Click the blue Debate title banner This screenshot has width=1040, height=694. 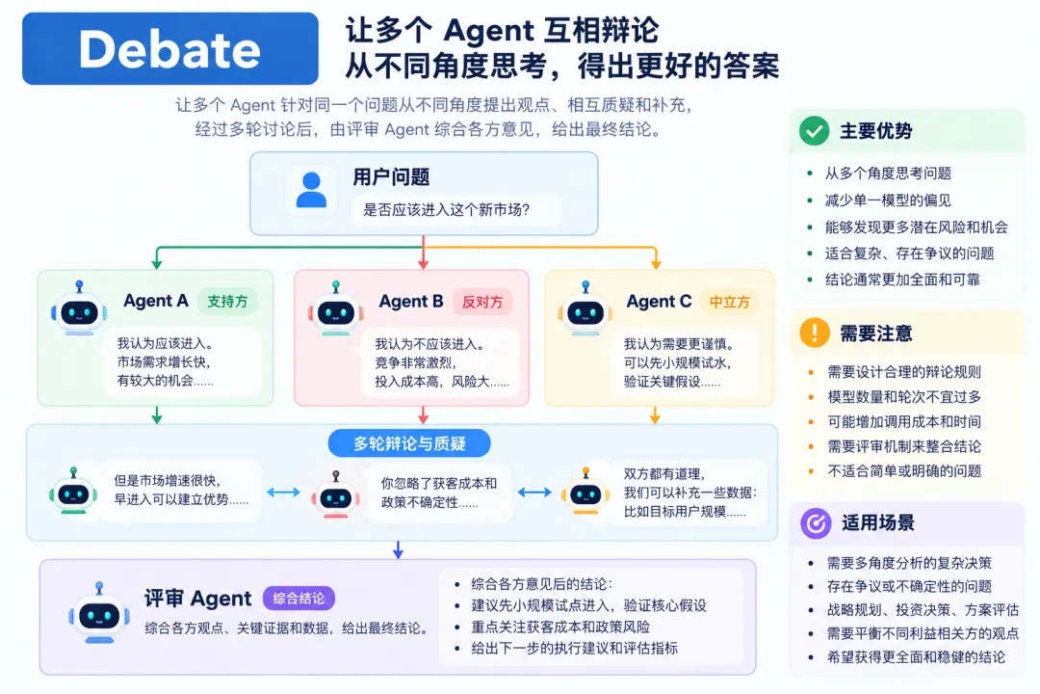point(170,48)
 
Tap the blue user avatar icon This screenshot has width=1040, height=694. point(311,190)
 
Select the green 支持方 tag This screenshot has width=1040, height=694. point(227,302)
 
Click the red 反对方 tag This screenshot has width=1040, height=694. point(482,302)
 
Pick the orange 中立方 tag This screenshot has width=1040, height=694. point(730,302)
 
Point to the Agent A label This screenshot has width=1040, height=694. point(156,301)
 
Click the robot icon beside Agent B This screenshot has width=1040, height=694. point(336,308)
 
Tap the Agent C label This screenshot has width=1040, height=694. point(660,302)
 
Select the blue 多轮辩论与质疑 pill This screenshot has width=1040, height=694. point(409,443)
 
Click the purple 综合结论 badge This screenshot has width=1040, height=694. point(299,599)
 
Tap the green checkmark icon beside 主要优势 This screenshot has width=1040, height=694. point(814,131)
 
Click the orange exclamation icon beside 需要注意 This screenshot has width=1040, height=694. point(815,333)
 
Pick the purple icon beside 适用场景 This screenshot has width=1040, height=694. point(816,523)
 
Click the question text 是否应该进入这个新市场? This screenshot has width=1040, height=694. point(447,210)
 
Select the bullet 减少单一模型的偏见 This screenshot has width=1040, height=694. point(888,200)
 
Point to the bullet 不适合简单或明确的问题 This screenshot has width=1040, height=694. point(904,470)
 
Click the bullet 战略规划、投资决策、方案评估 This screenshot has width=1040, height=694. point(923,609)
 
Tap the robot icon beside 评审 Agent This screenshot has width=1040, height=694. point(99,613)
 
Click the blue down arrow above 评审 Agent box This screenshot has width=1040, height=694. point(398,549)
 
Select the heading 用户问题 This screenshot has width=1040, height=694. point(391,176)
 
